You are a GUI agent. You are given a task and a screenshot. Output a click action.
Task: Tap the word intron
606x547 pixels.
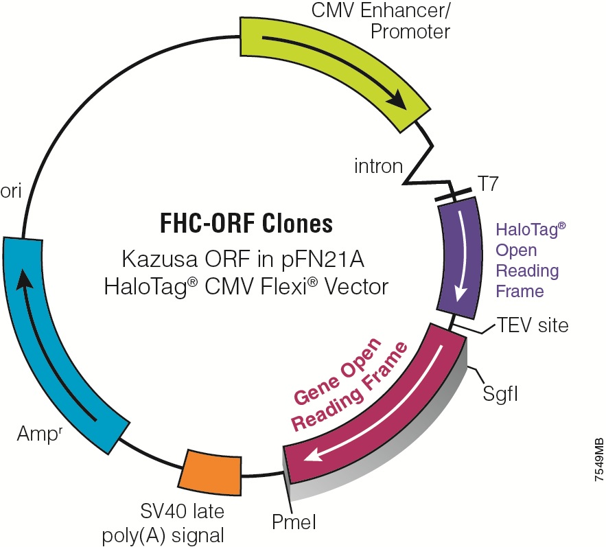(x=377, y=165)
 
